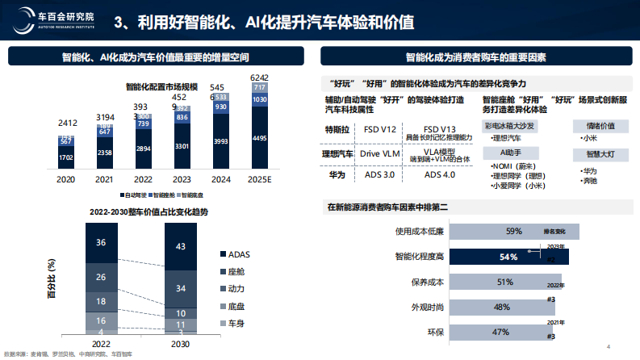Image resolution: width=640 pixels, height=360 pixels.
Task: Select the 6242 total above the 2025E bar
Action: pyautogui.click(x=259, y=77)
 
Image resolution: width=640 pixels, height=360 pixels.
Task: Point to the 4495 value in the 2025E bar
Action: pyautogui.click(x=259, y=138)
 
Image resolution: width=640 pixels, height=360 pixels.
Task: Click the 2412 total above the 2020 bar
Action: pyautogui.click(x=69, y=123)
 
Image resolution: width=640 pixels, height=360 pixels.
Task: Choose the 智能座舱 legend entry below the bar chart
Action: pyautogui.click(x=165, y=195)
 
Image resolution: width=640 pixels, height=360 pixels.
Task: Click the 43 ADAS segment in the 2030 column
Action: pyautogui.click(x=180, y=245)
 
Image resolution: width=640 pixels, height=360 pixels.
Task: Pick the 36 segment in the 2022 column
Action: pyautogui.click(x=101, y=242)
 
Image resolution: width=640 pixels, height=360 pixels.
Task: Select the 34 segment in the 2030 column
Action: pyautogui.click(x=180, y=287)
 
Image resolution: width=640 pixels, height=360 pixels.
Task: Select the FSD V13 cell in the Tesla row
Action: pyautogui.click(x=441, y=128)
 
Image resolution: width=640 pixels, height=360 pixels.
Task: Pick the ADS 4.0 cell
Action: pyautogui.click(x=440, y=173)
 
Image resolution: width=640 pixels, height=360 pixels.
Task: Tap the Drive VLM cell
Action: pyautogui.click(x=382, y=153)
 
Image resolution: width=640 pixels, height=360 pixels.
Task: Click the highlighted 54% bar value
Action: pyautogui.click(x=508, y=257)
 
